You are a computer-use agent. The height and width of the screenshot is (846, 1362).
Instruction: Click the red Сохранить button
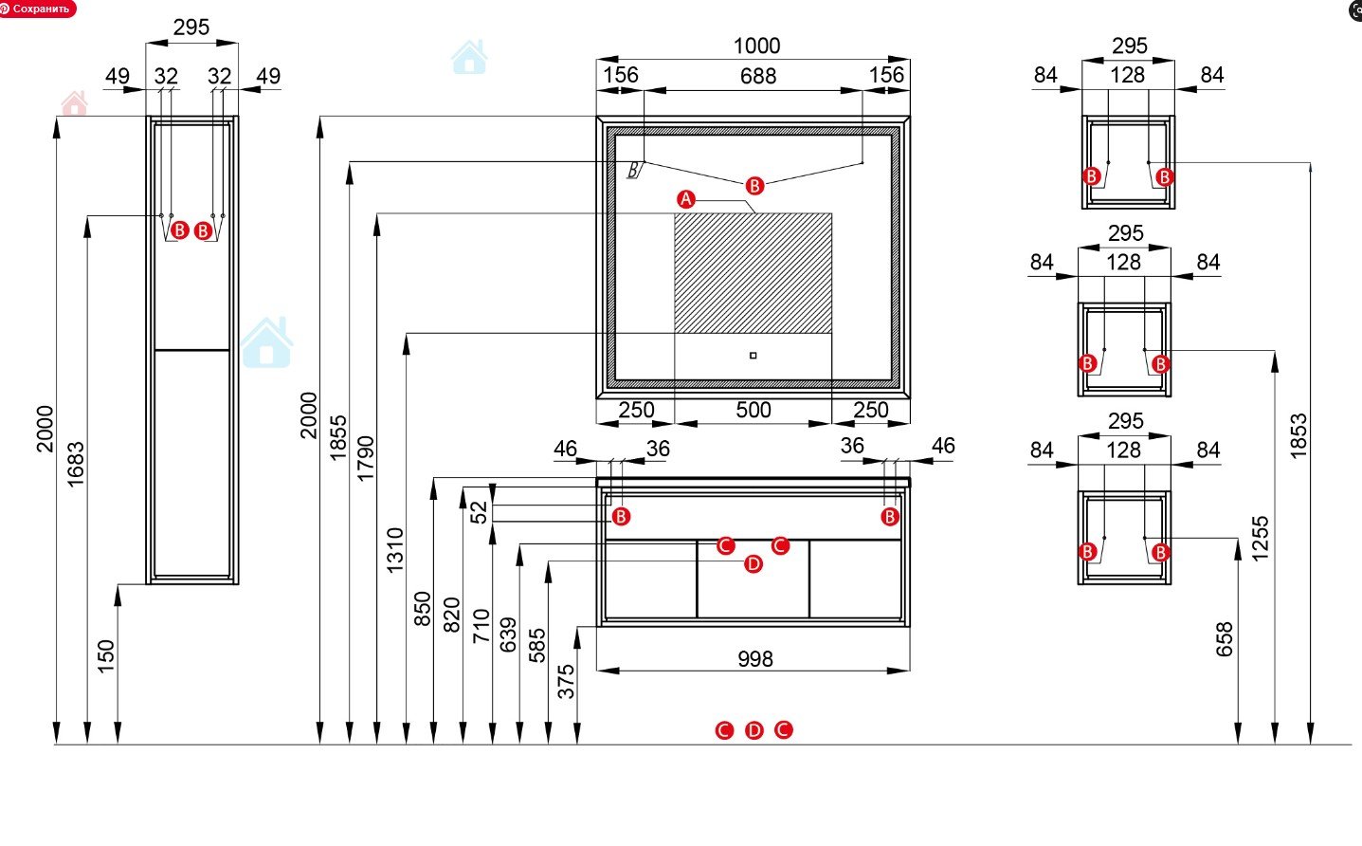click(x=37, y=9)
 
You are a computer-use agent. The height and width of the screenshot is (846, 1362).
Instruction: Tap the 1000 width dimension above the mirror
click(x=756, y=46)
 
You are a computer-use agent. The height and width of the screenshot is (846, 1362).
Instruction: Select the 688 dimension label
click(x=757, y=76)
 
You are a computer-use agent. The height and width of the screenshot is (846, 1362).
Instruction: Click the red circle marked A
click(x=686, y=199)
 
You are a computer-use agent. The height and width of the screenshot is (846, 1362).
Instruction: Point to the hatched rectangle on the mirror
click(x=753, y=273)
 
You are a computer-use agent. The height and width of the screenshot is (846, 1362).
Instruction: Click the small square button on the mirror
click(x=753, y=356)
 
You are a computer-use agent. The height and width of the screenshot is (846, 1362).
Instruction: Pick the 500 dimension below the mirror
click(x=754, y=410)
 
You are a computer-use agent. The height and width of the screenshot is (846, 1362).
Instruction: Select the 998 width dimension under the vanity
click(x=754, y=658)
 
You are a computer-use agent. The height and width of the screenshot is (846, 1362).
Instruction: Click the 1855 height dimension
click(x=338, y=437)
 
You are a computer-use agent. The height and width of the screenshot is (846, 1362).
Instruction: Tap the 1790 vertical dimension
click(x=367, y=457)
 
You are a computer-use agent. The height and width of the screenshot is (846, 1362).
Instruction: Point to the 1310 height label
click(x=395, y=549)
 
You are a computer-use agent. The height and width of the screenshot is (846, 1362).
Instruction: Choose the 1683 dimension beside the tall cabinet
click(x=76, y=464)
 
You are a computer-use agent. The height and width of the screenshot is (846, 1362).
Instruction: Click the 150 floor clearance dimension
click(x=105, y=655)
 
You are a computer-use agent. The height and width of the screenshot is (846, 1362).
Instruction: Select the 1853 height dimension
click(x=1298, y=435)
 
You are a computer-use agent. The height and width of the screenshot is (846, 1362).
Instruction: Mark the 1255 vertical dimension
click(x=1260, y=538)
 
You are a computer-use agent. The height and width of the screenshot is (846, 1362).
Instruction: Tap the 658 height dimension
click(x=1225, y=638)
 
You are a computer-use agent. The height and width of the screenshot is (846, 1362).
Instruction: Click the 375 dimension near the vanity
click(x=566, y=681)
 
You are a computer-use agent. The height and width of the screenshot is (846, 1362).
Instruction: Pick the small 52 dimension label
click(x=480, y=511)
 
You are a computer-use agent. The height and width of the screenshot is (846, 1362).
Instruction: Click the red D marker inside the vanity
click(x=753, y=564)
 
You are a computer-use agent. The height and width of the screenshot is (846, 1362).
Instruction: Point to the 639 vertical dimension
click(x=508, y=634)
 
